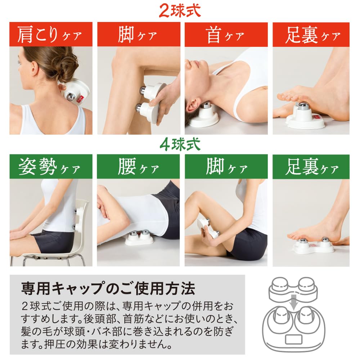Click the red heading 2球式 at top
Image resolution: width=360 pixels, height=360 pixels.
coord(180,10)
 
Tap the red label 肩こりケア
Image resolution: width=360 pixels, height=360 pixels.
coord(50,35)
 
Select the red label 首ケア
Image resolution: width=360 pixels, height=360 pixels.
coord(226,35)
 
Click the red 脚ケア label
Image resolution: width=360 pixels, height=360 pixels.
coord(138,35)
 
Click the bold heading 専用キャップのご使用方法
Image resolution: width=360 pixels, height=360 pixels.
coord(108,288)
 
